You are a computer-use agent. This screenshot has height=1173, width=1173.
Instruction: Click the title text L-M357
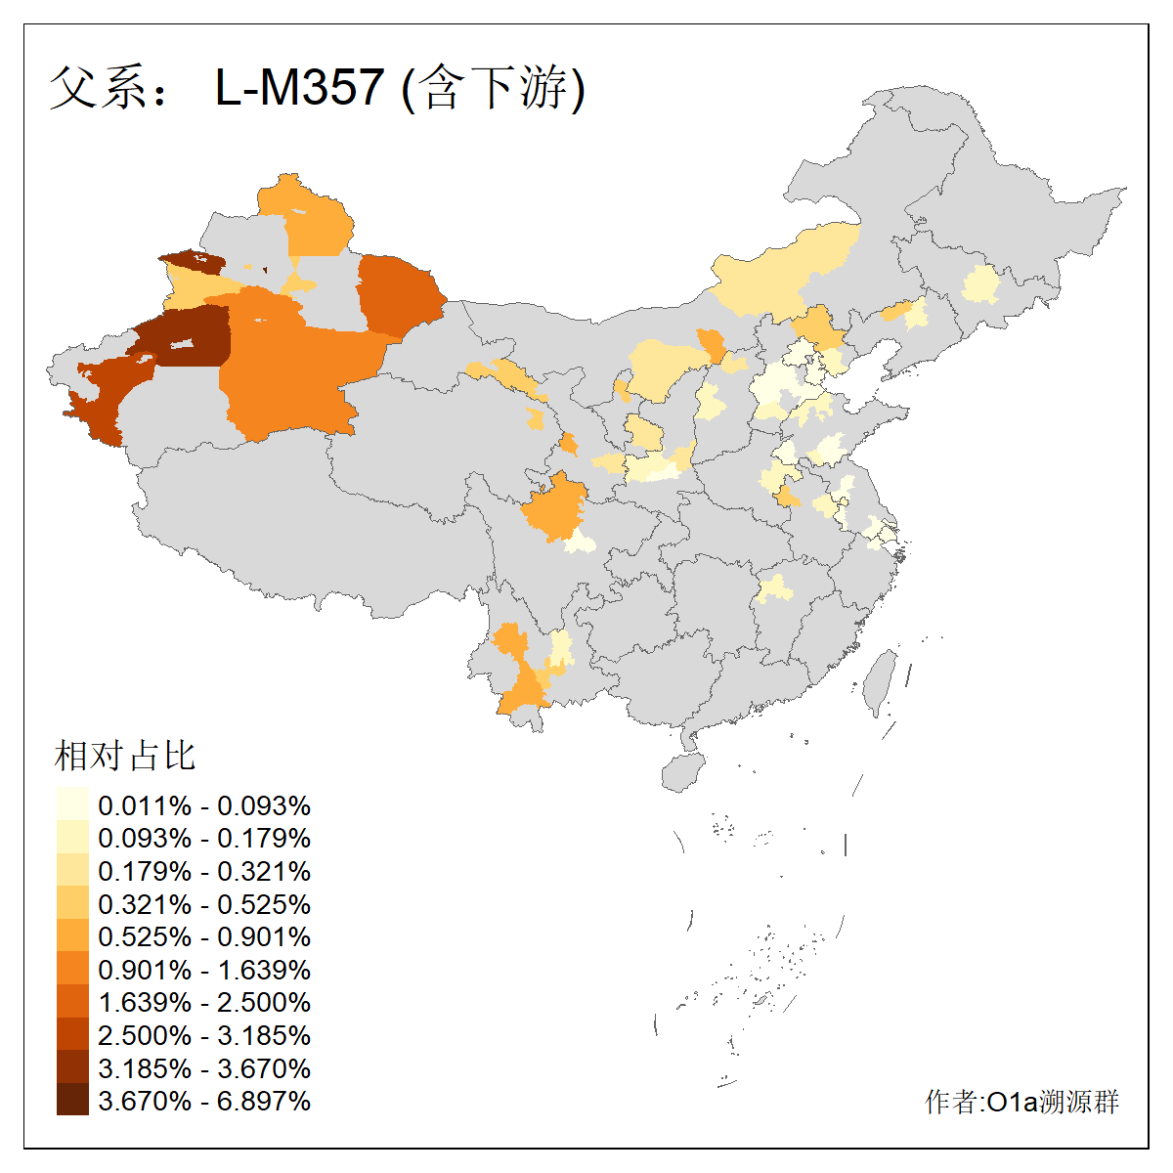click(x=299, y=87)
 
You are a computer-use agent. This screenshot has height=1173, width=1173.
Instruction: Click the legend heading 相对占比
click(x=125, y=755)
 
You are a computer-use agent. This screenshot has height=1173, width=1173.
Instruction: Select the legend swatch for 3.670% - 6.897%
click(x=72, y=1100)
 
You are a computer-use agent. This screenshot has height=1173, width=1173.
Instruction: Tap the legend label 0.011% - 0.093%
click(x=204, y=805)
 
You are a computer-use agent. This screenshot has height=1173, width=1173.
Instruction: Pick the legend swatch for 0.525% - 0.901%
click(x=72, y=936)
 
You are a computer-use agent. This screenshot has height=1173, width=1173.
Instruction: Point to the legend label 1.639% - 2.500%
click(x=204, y=1002)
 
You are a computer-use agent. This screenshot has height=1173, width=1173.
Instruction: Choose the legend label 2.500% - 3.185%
click(x=204, y=1035)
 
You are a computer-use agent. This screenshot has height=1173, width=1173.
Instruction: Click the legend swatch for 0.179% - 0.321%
click(x=72, y=871)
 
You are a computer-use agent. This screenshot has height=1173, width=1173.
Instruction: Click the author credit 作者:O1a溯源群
click(x=1021, y=1102)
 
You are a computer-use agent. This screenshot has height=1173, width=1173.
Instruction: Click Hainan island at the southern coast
click(x=683, y=772)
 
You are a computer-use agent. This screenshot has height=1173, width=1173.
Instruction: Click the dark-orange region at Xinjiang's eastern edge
click(x=399, y=293)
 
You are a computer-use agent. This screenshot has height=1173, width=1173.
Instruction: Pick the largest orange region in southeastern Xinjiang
click(x=293, y=371)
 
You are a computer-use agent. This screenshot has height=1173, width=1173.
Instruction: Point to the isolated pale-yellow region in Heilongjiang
click(x=980, y=285)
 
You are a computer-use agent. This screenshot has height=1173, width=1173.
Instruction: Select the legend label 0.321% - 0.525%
click(x=204, y=904)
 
